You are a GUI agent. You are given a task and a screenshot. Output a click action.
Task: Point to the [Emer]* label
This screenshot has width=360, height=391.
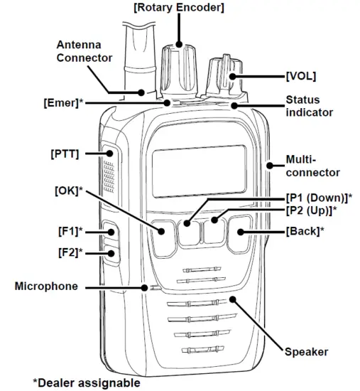tap(61, 102)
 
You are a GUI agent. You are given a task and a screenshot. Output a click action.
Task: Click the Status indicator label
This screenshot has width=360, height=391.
tap(309, 106)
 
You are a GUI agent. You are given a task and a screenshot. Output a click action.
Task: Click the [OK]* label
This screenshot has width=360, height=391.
tap(69, 191)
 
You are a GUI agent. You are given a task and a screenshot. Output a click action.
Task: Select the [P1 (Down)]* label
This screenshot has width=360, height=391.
tap(319, 197)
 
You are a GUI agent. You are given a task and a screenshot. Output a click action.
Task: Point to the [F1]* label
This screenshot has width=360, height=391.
tap(70, 231)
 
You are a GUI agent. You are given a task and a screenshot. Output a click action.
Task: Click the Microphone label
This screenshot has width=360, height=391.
tap(46, 286)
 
